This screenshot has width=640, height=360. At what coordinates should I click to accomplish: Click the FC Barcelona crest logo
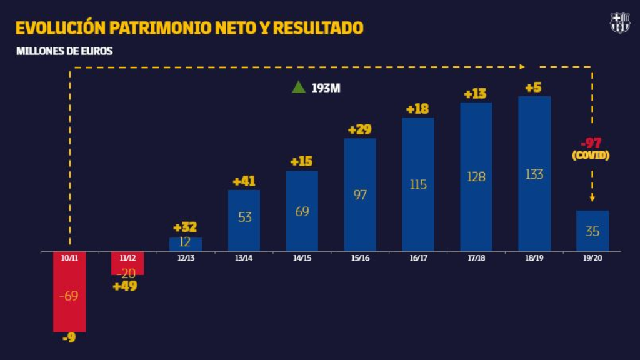click(x=619, y=23)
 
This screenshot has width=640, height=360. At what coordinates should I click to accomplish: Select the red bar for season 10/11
click(x=69, y=292)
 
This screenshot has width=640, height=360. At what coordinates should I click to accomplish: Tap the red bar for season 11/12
click(x=127, y=263)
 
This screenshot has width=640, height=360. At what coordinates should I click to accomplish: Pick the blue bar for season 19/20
click(x=592, y=231)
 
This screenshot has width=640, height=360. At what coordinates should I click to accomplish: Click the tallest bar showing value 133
click(x=534, y=174)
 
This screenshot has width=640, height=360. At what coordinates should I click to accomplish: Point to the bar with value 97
click(x=360, y=195)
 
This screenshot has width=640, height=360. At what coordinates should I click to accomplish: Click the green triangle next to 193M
click(x=299, y=87)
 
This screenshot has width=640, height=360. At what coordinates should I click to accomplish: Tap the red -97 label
click(x=591, y=142)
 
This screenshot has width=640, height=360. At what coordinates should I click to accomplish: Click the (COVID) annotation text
click(x=591, y=155)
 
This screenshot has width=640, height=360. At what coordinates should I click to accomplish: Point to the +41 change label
click(x=244, y=181)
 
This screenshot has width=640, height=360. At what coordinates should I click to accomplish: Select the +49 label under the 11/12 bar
click(x=124, y=287)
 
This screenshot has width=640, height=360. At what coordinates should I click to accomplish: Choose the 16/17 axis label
click(x=418, y=257)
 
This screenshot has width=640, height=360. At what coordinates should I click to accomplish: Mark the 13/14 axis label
click(x=244, y=257)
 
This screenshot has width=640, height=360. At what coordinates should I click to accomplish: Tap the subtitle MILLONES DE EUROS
click(x=64, y=51)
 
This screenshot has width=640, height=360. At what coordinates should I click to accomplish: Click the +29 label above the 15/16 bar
click(x=359, y=129)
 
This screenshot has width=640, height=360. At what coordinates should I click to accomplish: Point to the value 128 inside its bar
click(x=476, y=177)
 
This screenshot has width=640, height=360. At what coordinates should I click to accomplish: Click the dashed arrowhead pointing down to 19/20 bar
click(x=592, y=199)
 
